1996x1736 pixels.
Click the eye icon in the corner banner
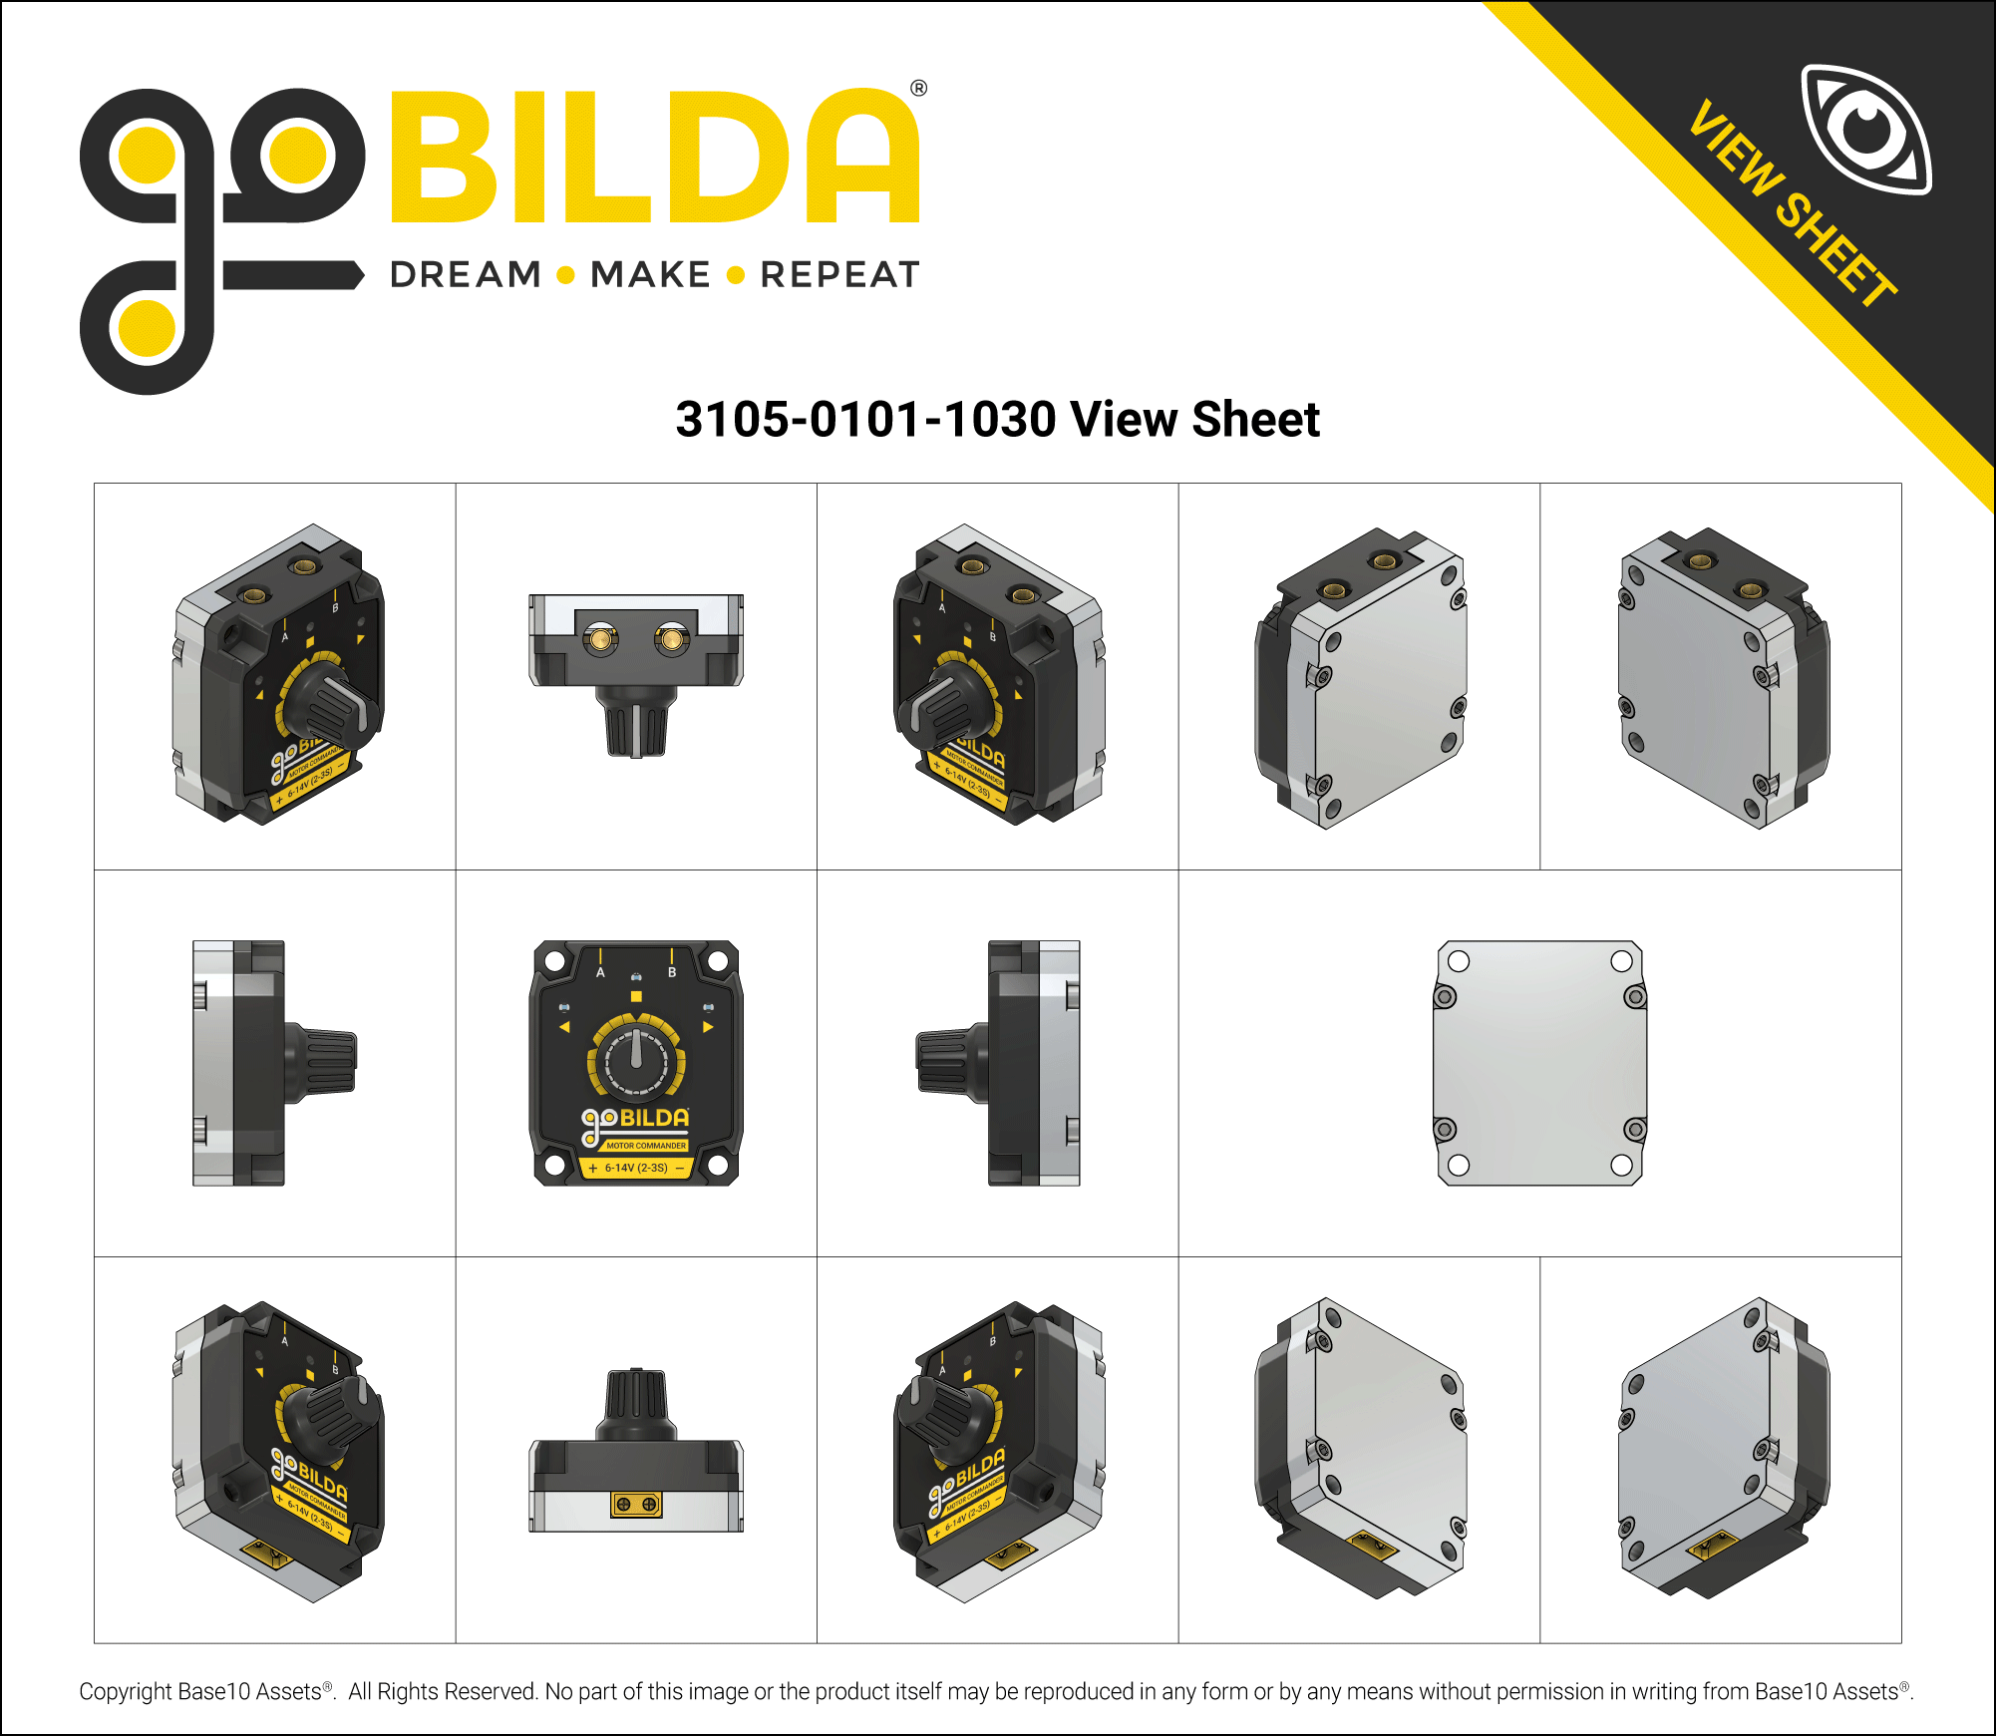(x=1865, y=130)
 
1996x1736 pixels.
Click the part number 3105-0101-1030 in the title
(x=864, y=419)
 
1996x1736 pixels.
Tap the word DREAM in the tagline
(x=466, y=275)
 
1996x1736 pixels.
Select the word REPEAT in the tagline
(x=839, y=275)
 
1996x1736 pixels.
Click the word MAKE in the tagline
(x=650, y=275)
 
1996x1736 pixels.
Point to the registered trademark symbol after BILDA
(x=918, y=89)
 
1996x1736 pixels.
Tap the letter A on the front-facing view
(x=600, y=972)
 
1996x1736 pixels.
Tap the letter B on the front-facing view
(x=672, y=972)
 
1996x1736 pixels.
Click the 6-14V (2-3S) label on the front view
(x=636, y=1168)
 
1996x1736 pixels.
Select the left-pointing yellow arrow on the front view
(x=564, y=1026)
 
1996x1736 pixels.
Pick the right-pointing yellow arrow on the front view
(x=708, y=1026)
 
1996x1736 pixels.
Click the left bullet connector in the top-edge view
(x=600, y=638)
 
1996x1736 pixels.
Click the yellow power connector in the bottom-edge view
(x=636, y=1504)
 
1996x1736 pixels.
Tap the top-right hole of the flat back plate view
(x=1621, y=961)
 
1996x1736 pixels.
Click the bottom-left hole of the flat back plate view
(x=1459, y=1165)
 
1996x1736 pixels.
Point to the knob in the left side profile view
(x=321, y=1063)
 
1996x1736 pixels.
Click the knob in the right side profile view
(x=952, y=1063)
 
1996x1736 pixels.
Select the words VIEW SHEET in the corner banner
(x=1792, y=204)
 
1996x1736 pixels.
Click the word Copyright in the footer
(x=126, y=1692)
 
